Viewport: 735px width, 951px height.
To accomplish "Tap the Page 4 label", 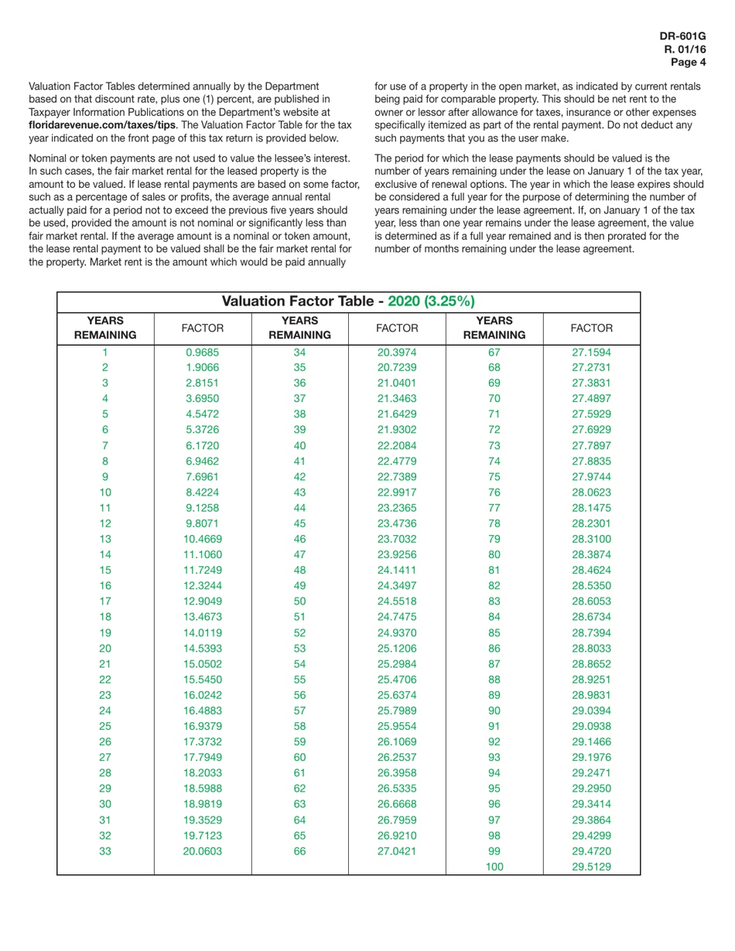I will coord(689,63).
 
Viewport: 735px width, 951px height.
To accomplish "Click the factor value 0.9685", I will coord(202,353).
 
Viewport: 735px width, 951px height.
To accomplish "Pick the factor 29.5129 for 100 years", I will coord(591,867).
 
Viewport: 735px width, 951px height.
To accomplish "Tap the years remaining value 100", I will coord(494,867).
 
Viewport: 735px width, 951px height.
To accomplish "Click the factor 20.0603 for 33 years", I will coord(202,850).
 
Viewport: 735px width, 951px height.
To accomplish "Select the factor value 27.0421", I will coord(397,850).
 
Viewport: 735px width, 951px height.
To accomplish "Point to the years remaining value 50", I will coord(299,601).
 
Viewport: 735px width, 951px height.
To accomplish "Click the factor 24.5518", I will coord(397,601).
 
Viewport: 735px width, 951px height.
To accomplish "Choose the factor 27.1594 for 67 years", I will coord(591,353).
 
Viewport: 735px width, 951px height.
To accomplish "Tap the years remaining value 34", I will coord(299,353).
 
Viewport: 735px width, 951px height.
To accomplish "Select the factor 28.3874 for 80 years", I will coord(591,554).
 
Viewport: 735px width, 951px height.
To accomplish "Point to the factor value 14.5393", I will coord(202,647).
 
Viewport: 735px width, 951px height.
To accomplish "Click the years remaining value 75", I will coord(494,476).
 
